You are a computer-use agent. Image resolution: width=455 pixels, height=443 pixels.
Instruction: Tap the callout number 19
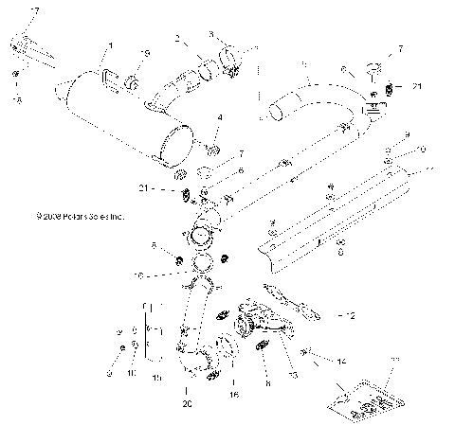[x=146, y=52]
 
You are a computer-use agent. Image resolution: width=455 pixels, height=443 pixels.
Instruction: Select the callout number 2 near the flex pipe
[x=177, y=39]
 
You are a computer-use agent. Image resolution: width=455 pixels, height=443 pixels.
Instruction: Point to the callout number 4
[x=219, y=118]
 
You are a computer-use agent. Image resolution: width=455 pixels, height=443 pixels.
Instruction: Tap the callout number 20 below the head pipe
[x=189, y=403]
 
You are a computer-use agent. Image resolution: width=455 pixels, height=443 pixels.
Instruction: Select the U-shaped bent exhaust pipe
[x=313, y=95]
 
